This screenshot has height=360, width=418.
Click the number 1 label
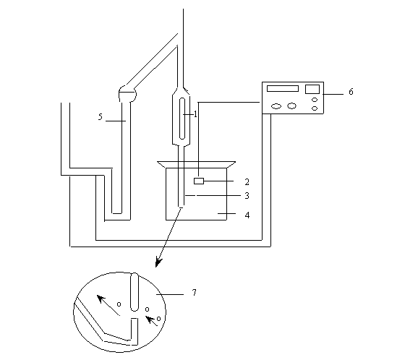[x=195, y=114]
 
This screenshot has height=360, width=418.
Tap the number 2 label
[x=247, y=182]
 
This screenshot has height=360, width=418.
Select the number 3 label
[x=247, y=196]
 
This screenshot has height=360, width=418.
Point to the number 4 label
[x=247, y=215]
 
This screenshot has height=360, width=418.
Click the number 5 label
[x=101, y=116]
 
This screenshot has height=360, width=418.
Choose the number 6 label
[x=351, y=92]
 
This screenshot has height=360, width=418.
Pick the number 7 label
[x=194, y=293]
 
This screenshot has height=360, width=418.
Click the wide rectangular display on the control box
[x=283, y=88]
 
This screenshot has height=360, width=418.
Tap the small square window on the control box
[x=312, y=89]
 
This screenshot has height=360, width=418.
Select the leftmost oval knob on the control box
[x=276, y=106]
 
